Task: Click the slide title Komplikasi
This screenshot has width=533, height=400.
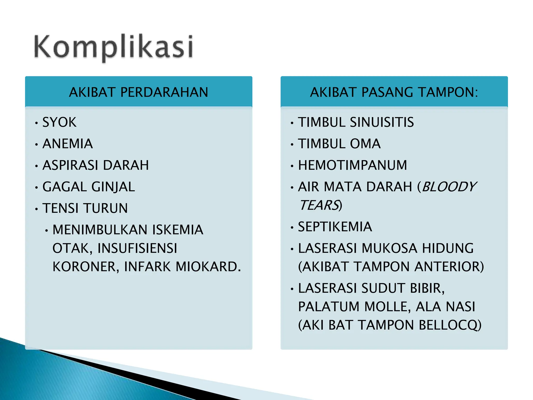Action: click(113, 47)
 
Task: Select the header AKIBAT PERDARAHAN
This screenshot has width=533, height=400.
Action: click(138, 92)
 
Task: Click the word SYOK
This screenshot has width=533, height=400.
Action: click(59, 122)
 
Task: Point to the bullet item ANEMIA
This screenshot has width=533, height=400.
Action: click(68, 144)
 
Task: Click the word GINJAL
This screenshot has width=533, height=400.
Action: click(113, 187)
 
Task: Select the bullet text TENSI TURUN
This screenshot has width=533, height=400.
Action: click(85, 208)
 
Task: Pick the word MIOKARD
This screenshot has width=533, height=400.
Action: click(208, 267)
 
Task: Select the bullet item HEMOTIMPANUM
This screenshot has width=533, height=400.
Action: click(352, 165)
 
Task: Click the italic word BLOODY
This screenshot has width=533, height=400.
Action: click(449, 187)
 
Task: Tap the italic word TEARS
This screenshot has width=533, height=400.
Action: click(319, 205)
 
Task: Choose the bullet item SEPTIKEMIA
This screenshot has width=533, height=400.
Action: click(335, 227)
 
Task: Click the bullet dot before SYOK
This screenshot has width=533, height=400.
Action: click(36, 123)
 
